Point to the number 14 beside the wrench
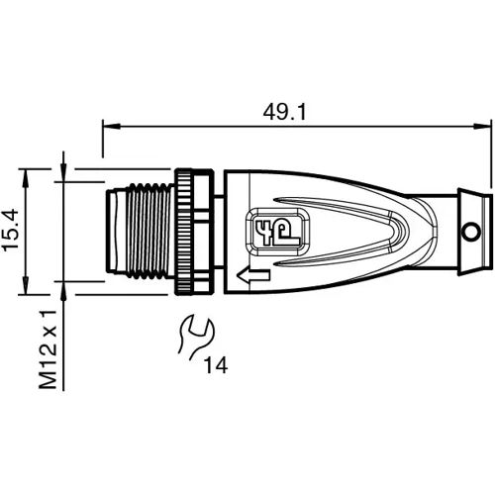click(216, 366)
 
